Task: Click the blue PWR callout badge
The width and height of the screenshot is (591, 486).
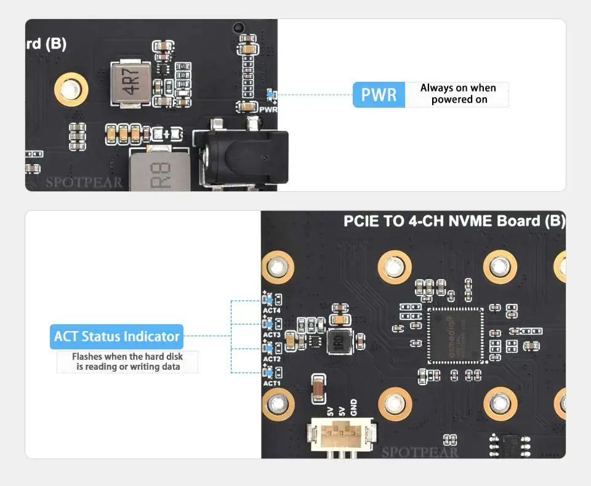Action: (x=379, y=95)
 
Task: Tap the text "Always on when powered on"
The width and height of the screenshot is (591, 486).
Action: (x=459, y=94)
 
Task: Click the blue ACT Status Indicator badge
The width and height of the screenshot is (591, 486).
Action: (x=116, y=337)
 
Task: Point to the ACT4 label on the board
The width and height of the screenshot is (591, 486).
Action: (x=271, y=311)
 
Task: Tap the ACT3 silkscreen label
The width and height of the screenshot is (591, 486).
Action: (x=271, y=335)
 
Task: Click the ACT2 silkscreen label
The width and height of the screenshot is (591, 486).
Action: (x=271, y=359)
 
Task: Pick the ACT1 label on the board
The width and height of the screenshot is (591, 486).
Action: (x=271, y=383)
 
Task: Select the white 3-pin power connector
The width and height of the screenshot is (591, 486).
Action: (x=342, y=439)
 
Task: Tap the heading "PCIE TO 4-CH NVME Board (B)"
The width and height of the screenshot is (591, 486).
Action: (x=454, y=221)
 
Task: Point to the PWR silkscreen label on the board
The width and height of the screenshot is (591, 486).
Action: (x=268, y=110)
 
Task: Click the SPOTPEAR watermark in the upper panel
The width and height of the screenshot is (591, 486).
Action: (x=84, y=182)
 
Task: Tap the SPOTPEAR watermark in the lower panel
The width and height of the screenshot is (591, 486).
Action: (x=420, y=453)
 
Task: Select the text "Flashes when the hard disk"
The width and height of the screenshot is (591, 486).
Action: (x=127, y=356)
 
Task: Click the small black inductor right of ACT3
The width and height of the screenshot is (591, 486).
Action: (x=337, y=343)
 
